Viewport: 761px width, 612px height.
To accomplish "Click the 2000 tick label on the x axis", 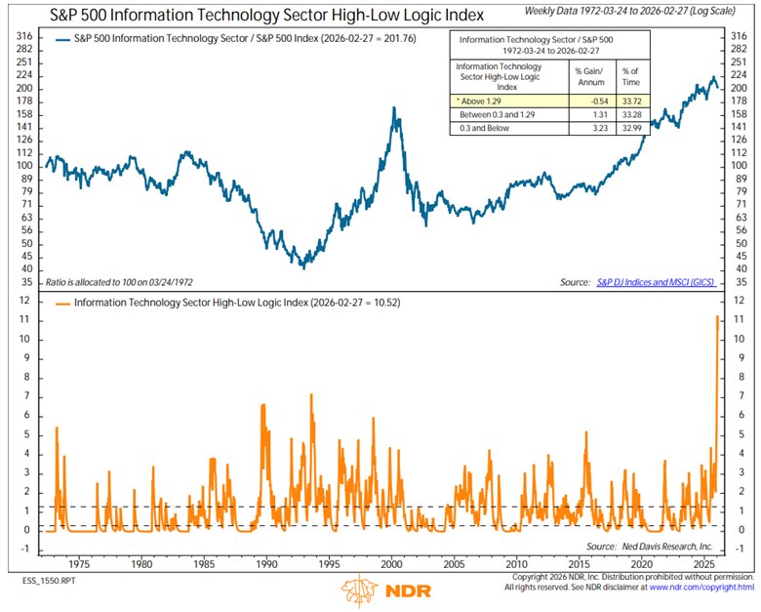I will pos(391,564).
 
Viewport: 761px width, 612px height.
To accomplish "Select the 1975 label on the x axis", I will pos(79,564).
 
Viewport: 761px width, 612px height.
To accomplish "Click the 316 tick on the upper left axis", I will pos(20,36).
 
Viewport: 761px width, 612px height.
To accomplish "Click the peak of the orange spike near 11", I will pos(718,317).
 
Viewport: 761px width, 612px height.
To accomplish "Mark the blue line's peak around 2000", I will pos(394,108).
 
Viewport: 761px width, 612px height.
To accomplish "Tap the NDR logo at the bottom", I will pos(380,591).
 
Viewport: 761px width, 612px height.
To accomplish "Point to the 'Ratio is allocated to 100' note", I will pos(113,281).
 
